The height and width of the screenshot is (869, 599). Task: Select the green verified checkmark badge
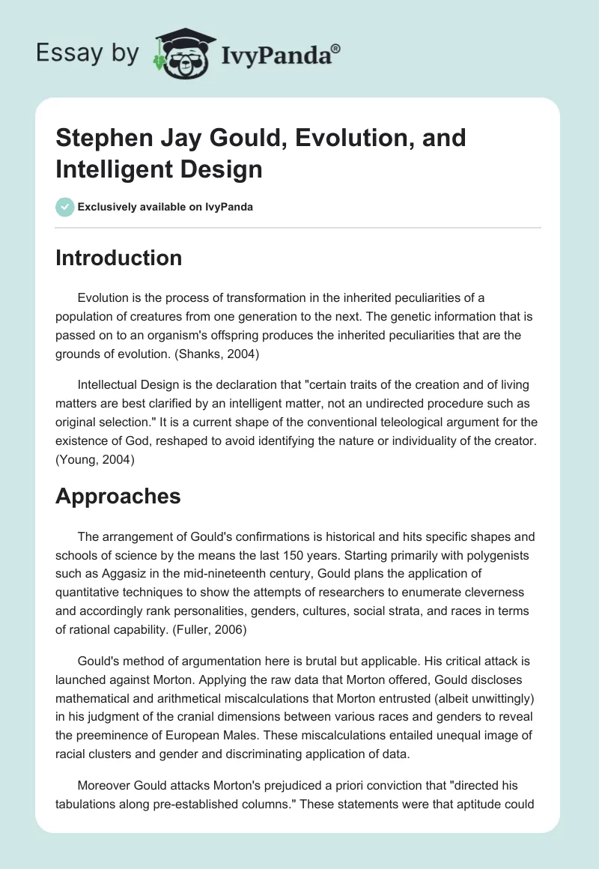click(65, 207)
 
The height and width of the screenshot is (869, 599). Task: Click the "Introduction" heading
click(119, 258)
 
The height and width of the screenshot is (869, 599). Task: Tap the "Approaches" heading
click(118, 495)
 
